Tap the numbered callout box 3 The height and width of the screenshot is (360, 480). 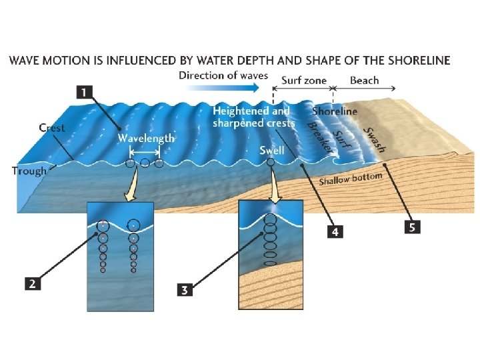[x=185, y=289]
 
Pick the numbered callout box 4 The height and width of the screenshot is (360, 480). [x=335, y=231]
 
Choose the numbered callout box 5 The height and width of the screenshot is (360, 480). [x=413, y=227]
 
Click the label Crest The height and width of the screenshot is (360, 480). [x=52, y=127]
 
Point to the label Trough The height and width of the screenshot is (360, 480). [x=29, y=171]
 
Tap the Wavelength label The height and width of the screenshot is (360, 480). [x=146, y=138]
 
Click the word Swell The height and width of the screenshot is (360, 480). [x=272, y=150]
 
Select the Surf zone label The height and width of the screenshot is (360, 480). [x=304, y=81]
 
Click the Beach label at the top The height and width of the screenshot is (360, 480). [x=364, y=81]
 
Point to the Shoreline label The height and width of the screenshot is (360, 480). [x=335, y=111]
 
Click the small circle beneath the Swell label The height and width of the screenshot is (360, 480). [x=269, y=161]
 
